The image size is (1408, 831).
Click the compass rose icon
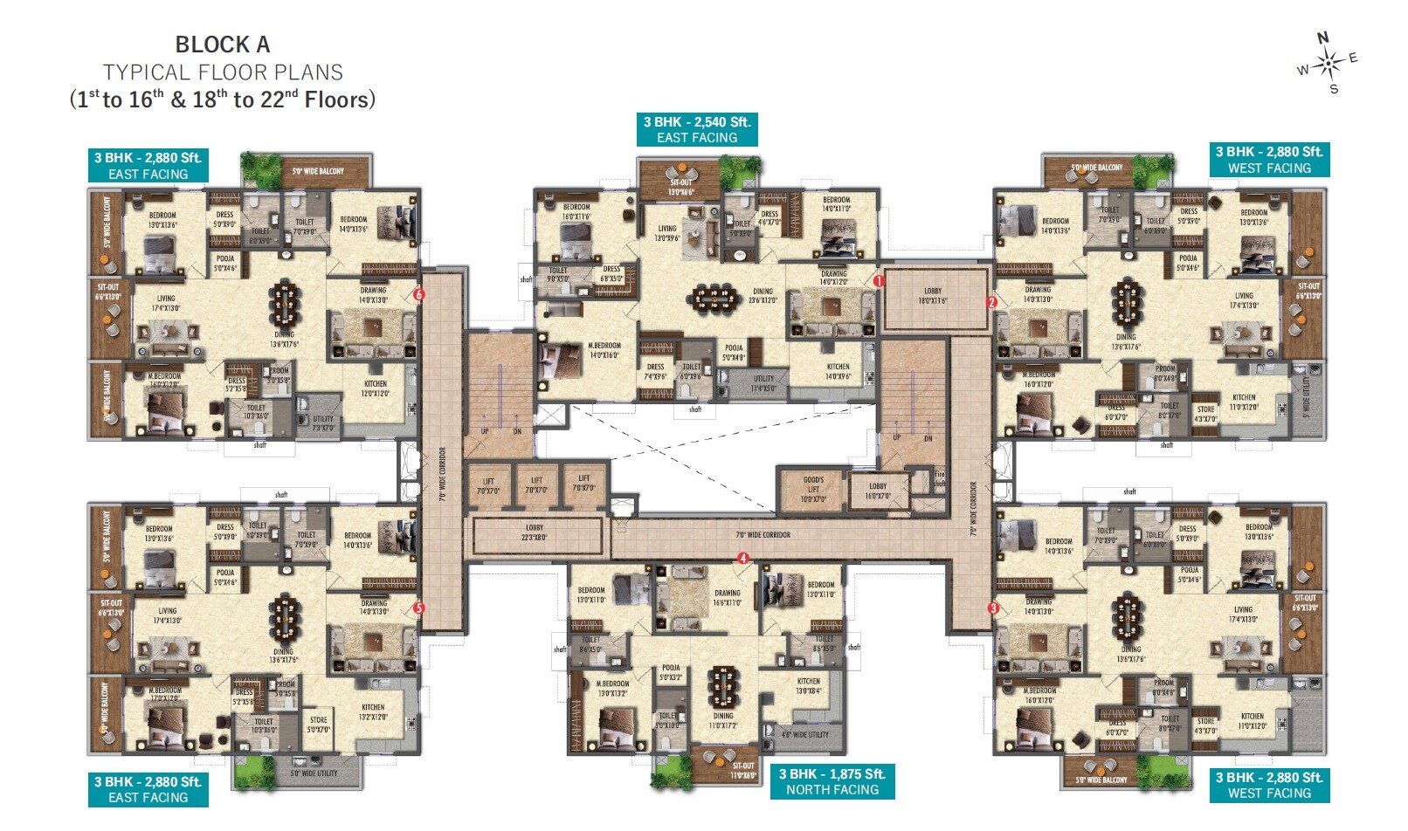[1329, 62]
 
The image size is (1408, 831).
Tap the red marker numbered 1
[880, 281]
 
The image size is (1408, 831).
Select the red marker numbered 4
[743, 558]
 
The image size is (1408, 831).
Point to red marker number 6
[419, 295]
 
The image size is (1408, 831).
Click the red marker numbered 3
[993, 608]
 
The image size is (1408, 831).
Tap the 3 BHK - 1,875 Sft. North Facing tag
[832, 781]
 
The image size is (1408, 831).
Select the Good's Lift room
[813, 489]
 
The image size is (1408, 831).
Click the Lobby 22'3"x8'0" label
[535, 532]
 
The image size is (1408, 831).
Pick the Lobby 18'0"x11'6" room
[933, 296]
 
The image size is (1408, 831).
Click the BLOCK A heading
[222, 45]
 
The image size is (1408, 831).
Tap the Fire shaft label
[940, 478]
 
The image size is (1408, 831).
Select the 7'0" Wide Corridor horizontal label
[763, 534]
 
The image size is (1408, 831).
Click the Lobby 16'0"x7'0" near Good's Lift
[878, 491]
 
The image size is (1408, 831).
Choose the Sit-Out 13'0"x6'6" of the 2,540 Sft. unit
[680, 187]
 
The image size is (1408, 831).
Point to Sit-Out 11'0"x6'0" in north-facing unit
[743, 770]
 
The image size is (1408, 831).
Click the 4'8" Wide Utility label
[804, 735]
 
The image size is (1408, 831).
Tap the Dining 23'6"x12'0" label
[763, 296]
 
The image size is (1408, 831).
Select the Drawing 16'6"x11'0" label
[727, 597]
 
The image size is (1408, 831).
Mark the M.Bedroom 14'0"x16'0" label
[604, 350]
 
